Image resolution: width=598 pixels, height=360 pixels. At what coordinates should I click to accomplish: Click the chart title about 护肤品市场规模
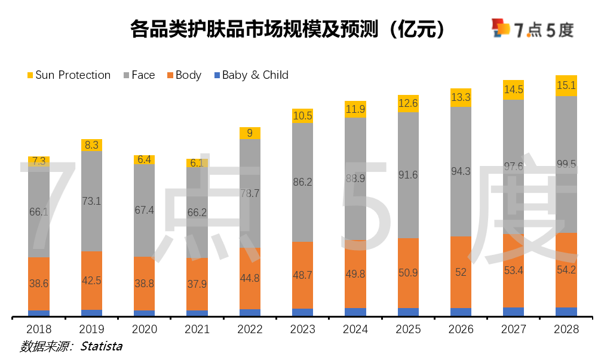click(287, 29)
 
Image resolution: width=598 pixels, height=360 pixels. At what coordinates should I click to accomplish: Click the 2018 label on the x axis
click(39, 330)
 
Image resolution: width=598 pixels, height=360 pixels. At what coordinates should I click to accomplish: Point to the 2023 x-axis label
click(302, 330)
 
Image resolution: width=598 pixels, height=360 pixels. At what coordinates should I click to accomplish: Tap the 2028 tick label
click(566, 330)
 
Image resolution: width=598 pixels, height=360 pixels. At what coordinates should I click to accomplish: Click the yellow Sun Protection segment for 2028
click(566, 85)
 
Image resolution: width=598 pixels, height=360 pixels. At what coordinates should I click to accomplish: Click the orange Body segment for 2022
click(250, 278)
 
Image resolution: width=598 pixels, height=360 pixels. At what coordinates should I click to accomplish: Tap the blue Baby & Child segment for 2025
click(408, 312)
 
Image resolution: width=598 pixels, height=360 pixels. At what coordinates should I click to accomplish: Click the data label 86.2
click(302, 183)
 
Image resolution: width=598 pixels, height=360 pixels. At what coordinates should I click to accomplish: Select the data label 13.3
click(461, 97)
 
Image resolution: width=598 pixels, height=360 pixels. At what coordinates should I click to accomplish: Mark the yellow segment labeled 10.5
click(302, 116)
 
